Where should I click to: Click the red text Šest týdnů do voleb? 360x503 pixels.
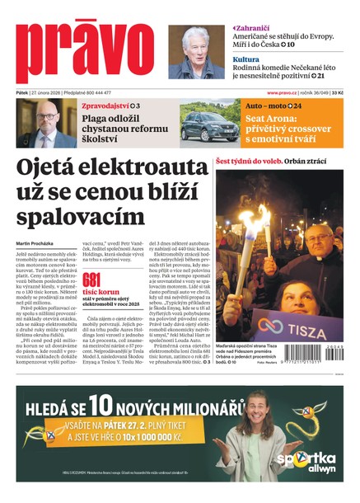[x=248, y=161]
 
